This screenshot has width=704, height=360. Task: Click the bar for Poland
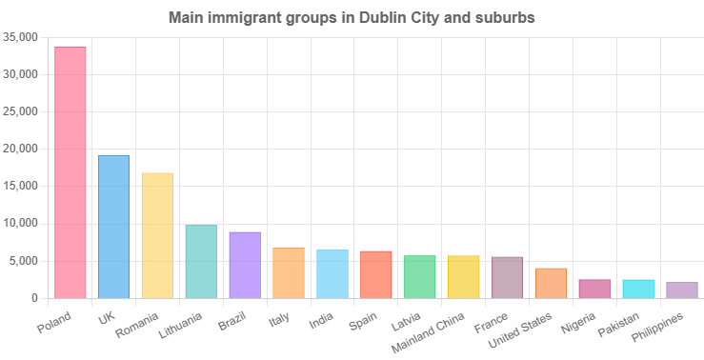click(70, 172)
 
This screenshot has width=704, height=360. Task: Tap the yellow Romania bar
click(158, 235)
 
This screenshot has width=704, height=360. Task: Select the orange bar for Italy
click(289, 273)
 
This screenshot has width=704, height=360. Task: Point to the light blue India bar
click(332, 274)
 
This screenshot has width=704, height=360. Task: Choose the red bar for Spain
click(376, 274)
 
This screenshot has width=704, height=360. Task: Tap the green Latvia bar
click(419, 277)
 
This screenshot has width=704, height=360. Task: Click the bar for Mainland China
click(463, 277)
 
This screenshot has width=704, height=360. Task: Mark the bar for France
click(507, 277)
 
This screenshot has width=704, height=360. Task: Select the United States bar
click(551, 283)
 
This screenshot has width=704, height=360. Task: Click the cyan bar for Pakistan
click(638, 289)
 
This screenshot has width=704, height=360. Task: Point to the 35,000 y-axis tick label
click(20, 37)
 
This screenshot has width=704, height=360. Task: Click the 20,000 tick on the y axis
click(20, 149)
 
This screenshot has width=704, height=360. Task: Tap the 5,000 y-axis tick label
click(23, 261)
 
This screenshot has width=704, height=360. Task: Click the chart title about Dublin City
click(352, 17)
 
